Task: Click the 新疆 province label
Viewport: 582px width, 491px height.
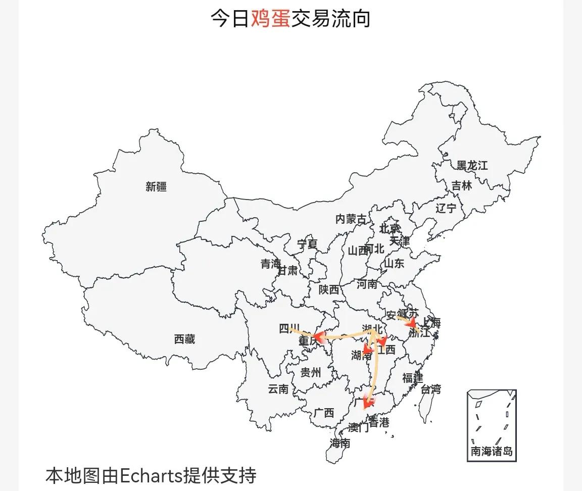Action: [x=156, y=186]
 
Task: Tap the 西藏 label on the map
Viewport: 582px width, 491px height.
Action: [x=184, y=339]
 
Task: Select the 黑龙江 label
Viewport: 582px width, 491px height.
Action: [x=472, y=166]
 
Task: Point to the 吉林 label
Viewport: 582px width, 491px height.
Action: [x=462, y=186]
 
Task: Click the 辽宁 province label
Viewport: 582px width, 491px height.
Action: [x=446, y=208]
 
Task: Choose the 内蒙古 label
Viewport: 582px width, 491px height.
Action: [x=351, y=219]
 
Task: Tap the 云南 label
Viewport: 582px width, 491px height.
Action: [x=278, y=389]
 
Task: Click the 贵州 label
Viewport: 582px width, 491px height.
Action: [x=311, y=373]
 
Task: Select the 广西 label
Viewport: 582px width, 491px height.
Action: [x=324, y=413]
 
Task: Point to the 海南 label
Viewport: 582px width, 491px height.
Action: [x=340, y=444]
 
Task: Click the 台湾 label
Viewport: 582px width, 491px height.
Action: [x=431, y=389]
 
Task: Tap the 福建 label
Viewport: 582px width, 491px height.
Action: [x=413, y=377]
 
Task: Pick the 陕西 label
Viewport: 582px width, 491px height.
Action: [x=329, y=289]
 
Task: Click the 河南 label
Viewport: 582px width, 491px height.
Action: [x=367, y=284]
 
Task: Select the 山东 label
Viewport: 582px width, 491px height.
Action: [x=394, y=263]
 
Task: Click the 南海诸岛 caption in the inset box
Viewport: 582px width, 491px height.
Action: [x=492, y=451]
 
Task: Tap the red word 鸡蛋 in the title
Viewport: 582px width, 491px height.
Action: [x=270, y=19]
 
